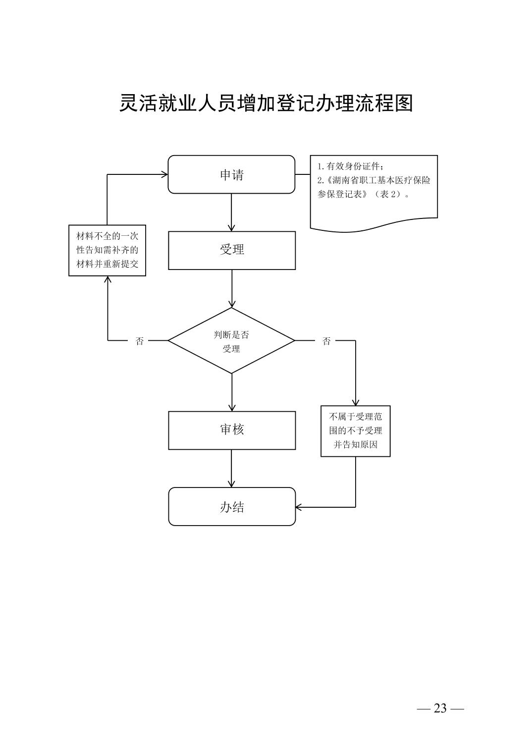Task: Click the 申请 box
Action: click(x=231, y=174)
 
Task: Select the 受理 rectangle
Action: click(x=231, y=250)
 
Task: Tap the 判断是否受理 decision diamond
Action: click(x=231, y=341)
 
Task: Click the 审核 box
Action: click(x=231, y=430)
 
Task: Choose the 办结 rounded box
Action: click(x=231, y=506)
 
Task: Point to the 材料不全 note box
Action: click(x=107, y=250)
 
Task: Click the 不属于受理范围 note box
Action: click(x=355, y=430)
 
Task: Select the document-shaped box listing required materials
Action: click(x=374, y=191)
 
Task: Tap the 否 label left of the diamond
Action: click(x=140, y=341)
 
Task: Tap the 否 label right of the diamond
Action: click(x=326, y=341)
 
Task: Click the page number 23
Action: click(x=440, y=708)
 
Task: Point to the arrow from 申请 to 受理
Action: click(x=231, y=212)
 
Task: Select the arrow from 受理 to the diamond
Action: click(x=231, y=288)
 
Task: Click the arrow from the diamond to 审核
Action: click(x=231, y=392)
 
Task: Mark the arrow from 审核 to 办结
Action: click(x=231, y=468)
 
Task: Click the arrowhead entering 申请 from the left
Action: click(x=164, y=174)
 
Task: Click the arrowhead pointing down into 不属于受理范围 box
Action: click(x=355, y=402)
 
